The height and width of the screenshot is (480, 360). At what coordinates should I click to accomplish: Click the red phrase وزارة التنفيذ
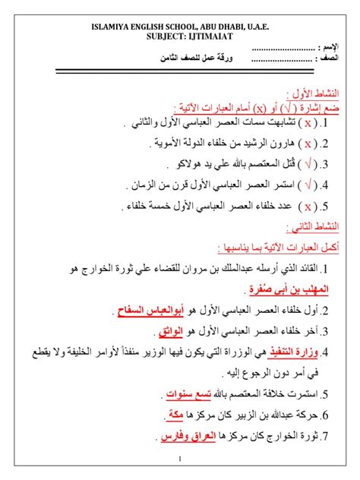click(x=286, y=352)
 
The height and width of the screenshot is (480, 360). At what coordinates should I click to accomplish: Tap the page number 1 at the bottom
click(x=180, y=459)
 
